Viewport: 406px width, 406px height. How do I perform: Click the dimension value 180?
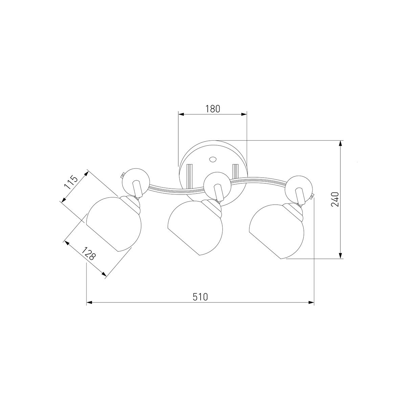point(212,109)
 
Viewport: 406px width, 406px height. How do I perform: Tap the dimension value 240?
point(335,199)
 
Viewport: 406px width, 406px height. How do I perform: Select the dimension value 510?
point(200,297)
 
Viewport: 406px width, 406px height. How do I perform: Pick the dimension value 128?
point(89,253)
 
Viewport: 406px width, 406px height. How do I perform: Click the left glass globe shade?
point(114,224)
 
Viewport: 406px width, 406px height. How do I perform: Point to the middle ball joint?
point(218,186)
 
